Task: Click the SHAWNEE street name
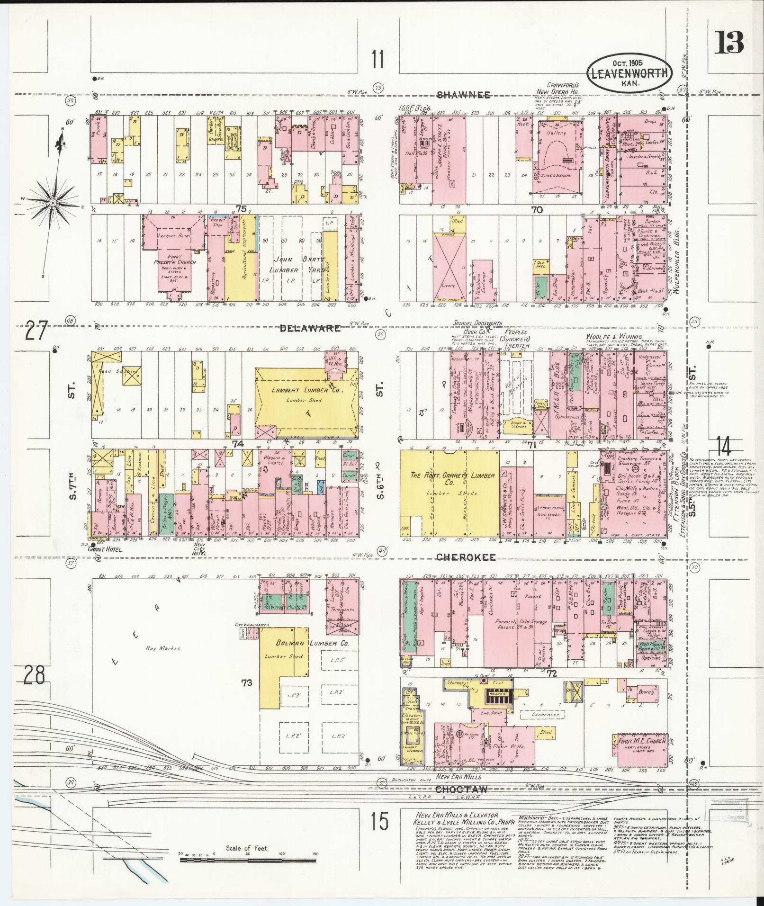pyautogui.click(x=463, y=95)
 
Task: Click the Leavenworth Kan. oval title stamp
pyautogui.click(x=629, y=72)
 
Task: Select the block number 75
pyautogui.click(x=242, y=208)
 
